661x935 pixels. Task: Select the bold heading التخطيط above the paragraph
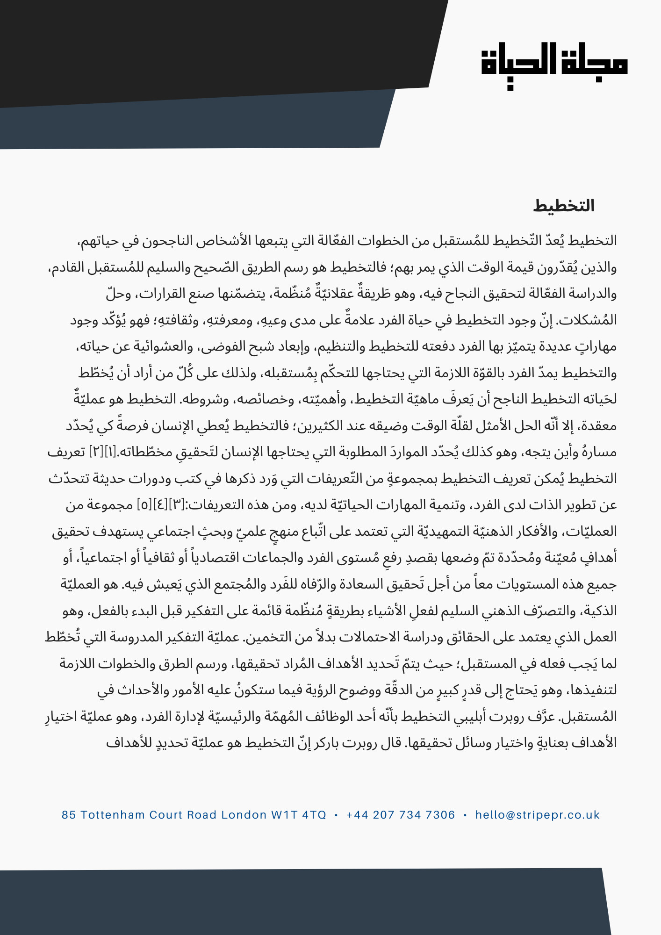point(564,206)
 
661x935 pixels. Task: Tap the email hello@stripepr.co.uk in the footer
point(537,815)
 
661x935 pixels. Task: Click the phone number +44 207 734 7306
point(401,815)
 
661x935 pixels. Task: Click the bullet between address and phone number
point(336,815)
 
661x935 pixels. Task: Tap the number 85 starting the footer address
point(68,815)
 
